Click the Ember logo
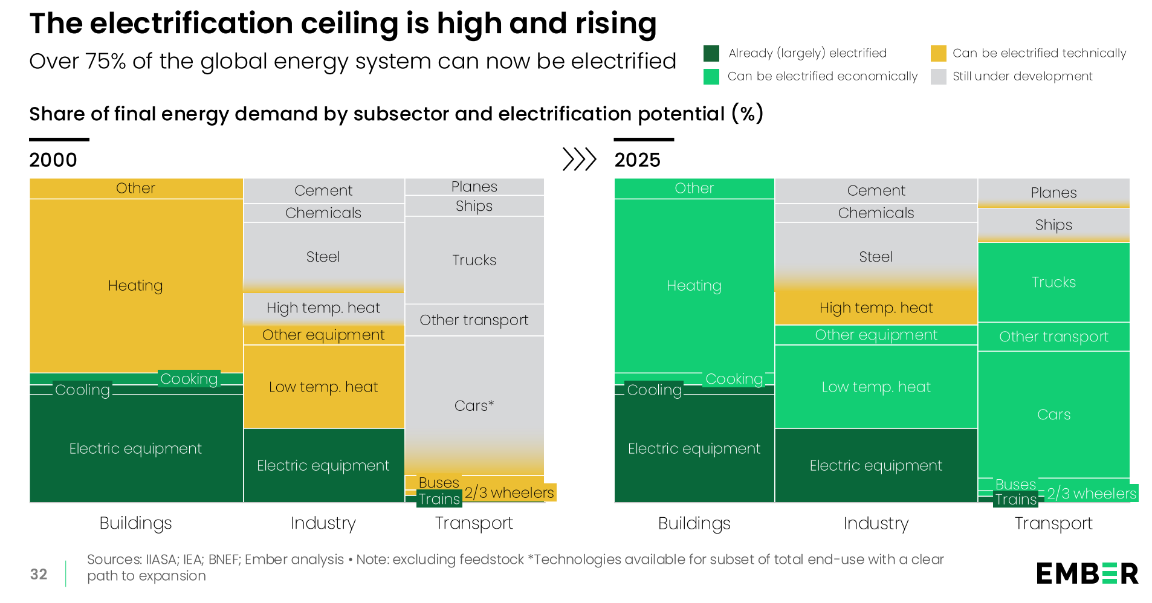[x=1087, y=573]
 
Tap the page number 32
[x=39, y=574]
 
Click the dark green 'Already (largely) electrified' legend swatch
[x=711, y=53]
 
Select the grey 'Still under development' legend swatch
[x=938, y=77]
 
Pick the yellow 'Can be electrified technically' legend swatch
[x=938, y=53]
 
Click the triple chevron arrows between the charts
[x=579, y=160]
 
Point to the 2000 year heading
[x=53, y=160]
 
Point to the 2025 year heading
[x=637, y=160]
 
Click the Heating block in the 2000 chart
[x=135, y=285]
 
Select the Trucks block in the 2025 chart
[x=1053, y=282]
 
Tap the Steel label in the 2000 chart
[x=323, y=257]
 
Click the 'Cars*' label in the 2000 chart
[x=474, y=405]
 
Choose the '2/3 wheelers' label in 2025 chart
[x=1092, y=494]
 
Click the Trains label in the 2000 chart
[x=439, y=499]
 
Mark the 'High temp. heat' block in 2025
[x=876, y=308]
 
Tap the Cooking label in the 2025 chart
[x=734, y=379]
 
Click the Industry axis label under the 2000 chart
[x=323, y=523]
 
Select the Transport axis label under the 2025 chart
[x=1053, y=523]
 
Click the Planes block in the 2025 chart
[x=1053, y=193]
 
